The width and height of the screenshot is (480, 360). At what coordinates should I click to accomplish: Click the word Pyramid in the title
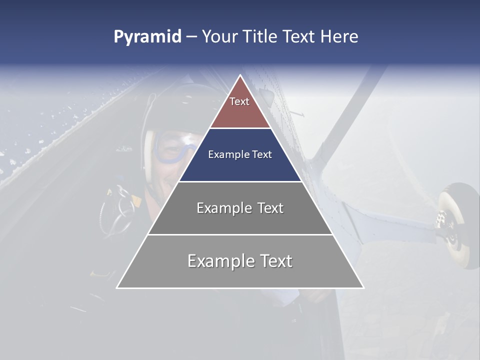coord(147,37)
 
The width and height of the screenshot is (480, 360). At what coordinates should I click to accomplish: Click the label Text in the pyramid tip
coord(239,101)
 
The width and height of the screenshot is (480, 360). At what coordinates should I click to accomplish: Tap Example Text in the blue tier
coord(240,154)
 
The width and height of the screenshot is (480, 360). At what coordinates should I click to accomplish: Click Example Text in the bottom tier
coord(240,261)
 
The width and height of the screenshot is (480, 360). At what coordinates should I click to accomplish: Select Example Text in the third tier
coord(240,208)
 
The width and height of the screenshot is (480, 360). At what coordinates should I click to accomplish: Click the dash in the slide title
coord(191,37)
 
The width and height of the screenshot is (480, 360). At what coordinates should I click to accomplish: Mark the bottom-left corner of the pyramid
coord(117,288)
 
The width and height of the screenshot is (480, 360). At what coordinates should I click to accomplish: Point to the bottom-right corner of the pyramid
coord(363,288)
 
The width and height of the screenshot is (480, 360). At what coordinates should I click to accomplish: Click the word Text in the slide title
coord(298,37)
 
